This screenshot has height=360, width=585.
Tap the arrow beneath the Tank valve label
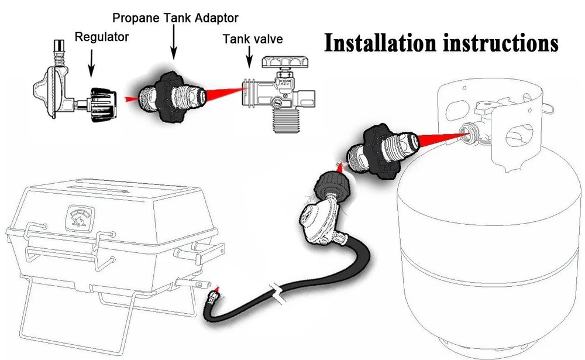tap(250, 59)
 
